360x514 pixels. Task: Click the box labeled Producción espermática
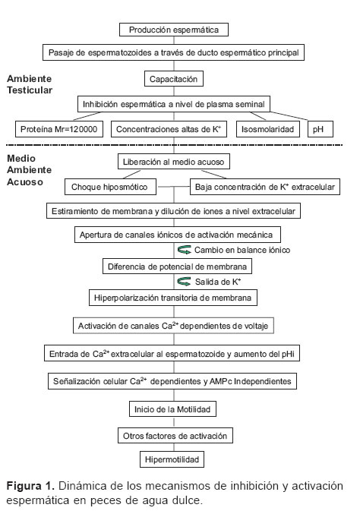pos(173,30)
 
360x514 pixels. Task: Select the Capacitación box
pos(173,79)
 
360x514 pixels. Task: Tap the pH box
pos(321,129)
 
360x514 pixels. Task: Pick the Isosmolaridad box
pos(267,129)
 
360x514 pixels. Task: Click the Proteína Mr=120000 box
pos(59,129)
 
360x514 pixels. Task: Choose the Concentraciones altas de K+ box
pos(169,129)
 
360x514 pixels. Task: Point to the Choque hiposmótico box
pos(110,187)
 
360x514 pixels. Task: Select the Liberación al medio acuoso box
pos(174,162)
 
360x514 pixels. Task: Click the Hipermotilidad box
pos(172,459)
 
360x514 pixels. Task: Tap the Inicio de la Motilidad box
pos(172,409)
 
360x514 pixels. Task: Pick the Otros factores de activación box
pos(175,436)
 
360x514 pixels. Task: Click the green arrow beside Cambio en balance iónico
pos(185,250)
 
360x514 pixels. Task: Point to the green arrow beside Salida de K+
pos(184,281)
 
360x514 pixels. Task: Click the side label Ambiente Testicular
pos(30,84)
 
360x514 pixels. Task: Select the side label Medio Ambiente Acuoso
pos(29,170)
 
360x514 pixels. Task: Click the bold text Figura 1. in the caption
pos(30,485)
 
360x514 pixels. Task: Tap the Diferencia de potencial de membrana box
pos(178,266)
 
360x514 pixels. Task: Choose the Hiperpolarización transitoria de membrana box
pos(173,298)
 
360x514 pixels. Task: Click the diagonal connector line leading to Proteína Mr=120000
pos(87,116)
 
